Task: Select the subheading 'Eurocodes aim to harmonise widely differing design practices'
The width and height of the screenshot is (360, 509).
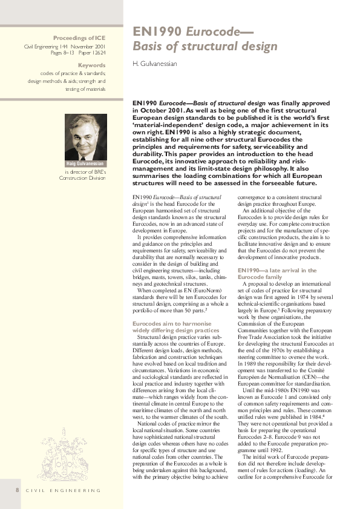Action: point(175,327)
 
